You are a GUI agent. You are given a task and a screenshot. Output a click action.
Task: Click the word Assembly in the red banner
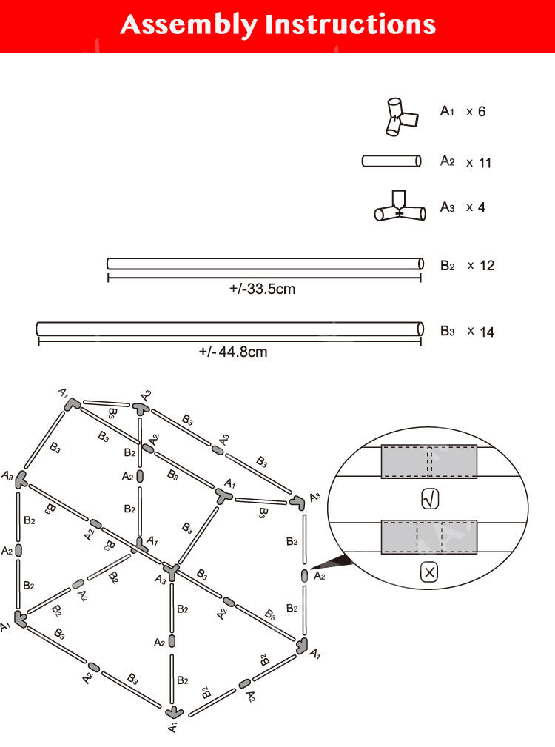click(x=189, y=25)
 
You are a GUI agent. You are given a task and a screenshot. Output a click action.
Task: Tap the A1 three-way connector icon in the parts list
click(x=401, y=117)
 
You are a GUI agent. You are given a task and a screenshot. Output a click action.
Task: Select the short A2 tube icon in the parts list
click(x=391, y=161)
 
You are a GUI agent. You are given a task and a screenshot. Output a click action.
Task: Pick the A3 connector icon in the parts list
click(x=400, y=207)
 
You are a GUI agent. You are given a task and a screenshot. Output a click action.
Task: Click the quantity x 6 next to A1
click(x=476, y=112)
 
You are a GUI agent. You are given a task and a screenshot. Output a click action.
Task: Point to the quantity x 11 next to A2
click(x=479, y=163)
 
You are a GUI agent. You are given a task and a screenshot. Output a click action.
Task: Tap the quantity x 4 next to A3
click(x=476, y=207)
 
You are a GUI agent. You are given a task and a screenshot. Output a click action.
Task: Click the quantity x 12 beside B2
click(x=480, y=265)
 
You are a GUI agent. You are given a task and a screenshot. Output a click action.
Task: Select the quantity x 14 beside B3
click(x=480, y=332)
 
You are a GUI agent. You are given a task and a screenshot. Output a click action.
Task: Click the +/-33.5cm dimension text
click(x=262, y=289)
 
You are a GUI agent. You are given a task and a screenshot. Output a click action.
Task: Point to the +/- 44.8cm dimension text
click(x=233, y=352)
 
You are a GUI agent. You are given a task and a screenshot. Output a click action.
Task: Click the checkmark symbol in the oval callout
click(x=429, y=500)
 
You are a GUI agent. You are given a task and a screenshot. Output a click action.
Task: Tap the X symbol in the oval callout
click(x=429, y=572)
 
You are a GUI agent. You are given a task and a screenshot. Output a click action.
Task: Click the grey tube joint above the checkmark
click(x=429, y=462)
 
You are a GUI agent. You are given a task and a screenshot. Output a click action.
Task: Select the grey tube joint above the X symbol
click(x=429, y=537)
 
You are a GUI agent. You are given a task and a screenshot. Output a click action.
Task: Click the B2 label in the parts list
click(x=447, y=265)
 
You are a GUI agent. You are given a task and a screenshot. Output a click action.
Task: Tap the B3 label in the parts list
click(x=447, y=331)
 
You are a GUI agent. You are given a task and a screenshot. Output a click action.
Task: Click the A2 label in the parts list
click(x=447, y=161)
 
